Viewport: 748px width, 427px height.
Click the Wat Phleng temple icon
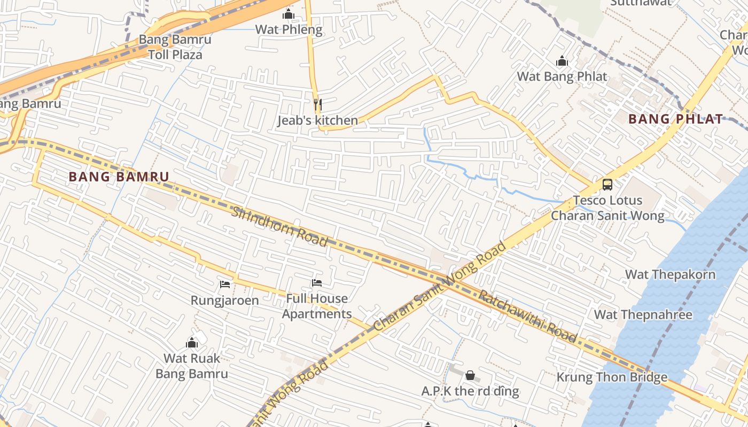289,14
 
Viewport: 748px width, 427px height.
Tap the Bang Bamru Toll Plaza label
175,47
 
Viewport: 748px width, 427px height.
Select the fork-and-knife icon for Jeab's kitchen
317,104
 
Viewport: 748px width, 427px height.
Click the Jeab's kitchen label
317,121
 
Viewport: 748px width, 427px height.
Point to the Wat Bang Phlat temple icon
562,61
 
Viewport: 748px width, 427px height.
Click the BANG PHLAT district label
676,119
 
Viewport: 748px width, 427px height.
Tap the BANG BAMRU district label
119,177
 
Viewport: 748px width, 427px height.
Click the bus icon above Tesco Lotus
607,185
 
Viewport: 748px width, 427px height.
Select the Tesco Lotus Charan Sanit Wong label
607,208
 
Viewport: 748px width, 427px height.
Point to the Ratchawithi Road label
528,316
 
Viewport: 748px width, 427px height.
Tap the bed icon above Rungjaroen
224,284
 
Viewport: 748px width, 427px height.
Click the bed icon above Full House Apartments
317,283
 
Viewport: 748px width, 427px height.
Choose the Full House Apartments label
317,306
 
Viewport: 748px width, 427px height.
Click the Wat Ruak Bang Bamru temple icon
192,343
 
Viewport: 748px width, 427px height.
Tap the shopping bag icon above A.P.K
470,375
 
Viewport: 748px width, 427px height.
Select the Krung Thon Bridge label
612,377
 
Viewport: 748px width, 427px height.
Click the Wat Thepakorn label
670,275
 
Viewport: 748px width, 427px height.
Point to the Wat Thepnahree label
643,314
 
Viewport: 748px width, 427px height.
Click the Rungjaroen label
224,301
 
